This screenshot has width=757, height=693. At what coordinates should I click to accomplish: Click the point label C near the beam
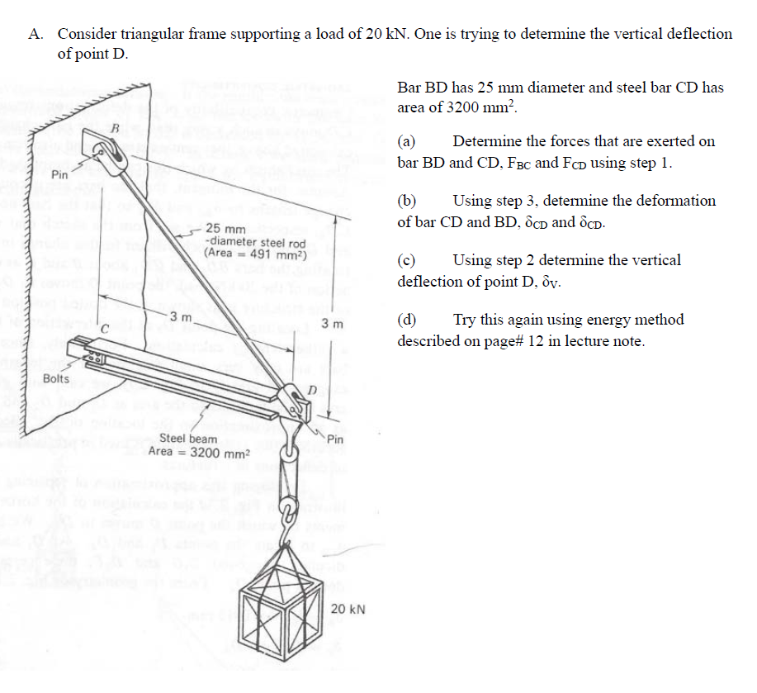click(x=105, y=330)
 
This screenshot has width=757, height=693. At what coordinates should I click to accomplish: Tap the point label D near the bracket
click(x=312, y=388)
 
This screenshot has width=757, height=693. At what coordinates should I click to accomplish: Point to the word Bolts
click(x=57, y=379)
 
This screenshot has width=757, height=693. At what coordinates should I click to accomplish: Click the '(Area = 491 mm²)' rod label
click(x=255, y=254)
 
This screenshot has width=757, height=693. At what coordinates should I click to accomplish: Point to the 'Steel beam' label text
click(x=188, y=439)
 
